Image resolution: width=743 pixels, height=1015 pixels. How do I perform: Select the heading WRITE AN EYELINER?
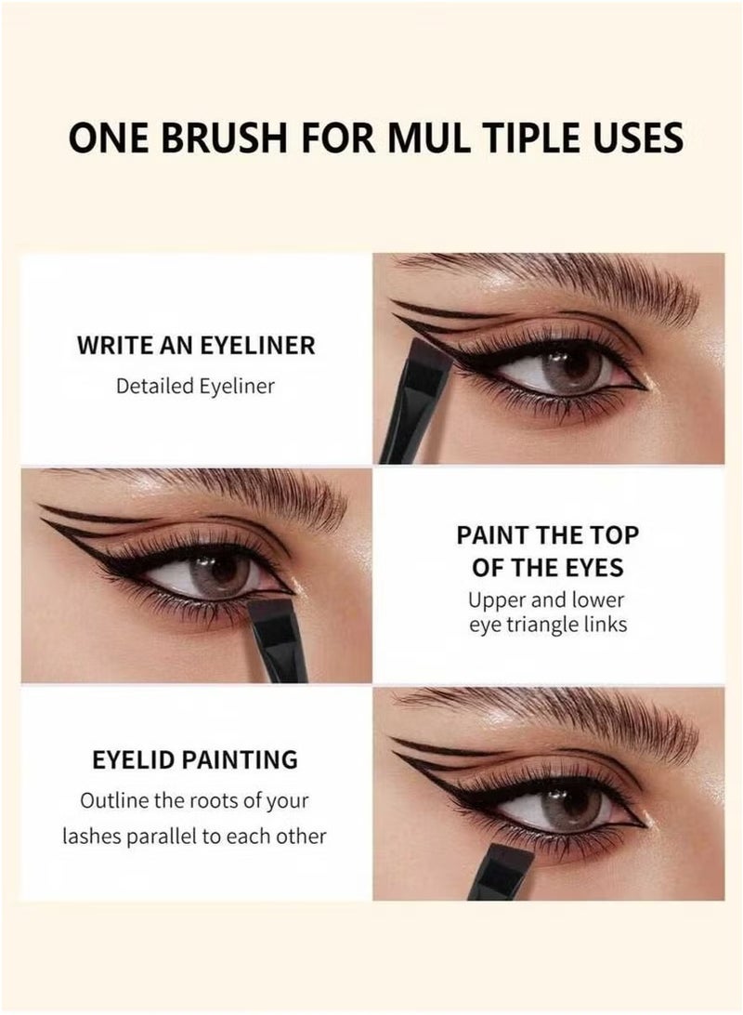pos(196,346)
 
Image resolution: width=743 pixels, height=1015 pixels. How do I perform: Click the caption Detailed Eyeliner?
pos(196,386)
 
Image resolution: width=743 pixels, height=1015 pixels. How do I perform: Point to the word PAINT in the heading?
pos(497,534)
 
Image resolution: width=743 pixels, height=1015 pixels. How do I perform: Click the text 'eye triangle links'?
pos(547,624)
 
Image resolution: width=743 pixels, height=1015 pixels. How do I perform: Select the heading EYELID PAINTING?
pos(195,759)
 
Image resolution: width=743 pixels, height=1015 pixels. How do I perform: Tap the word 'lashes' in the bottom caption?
pos(93,836)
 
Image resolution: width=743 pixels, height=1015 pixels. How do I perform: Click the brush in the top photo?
pos(415,409)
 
